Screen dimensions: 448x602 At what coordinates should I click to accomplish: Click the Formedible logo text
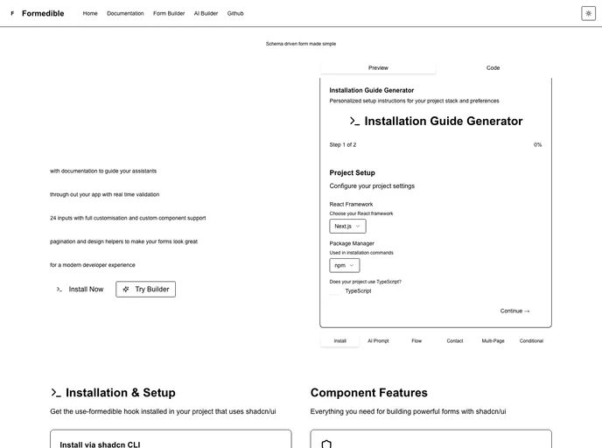pyautogui.click(x=42, y=13)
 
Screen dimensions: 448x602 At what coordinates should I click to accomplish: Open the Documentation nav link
pyautogui.click(x=125, y=13)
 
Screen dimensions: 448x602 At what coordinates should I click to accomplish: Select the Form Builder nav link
pyautogui.click(x=169, y=13)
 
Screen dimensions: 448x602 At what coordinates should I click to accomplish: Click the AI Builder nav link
pyautogui.click(x=206, y=13)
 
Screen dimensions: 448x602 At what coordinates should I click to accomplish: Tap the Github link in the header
pyautogui.click(x=235, y=13)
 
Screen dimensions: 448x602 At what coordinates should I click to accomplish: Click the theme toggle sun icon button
pyautogui.click(x=588, y=13)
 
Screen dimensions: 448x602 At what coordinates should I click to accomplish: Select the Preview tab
pyautogui.click(x=378, y=67)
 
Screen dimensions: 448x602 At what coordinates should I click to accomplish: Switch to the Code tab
pyautogui.click(x=493, y=67)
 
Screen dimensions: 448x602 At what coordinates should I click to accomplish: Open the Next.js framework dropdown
pyautogui.click(x=347, y=226)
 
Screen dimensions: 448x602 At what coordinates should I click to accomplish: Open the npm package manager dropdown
pyautogui.click(x=344, y=265)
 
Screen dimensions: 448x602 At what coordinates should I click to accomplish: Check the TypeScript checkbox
pyautogui.click(x=336, y=291)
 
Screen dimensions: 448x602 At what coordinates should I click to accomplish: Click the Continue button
pyautogui.click(x=514, y=311)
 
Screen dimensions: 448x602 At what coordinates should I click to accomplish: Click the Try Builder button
pyautogui.click(x=145, y=289)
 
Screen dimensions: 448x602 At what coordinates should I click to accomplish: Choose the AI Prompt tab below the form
pyautogui.click(x=378, y=340)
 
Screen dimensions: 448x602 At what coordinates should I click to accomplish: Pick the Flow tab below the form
pyautogui.click(x=416, y=340)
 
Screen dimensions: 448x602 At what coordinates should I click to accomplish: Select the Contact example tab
pyautogui.click(x=455, y=340)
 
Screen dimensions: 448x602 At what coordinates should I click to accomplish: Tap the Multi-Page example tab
pyautogui.click(x=493, y=340)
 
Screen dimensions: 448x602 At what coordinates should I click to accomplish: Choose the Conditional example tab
pyautogui.click(x=531, y=340)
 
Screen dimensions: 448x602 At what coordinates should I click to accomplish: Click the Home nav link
pyautogui.click(x=90, y=13)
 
